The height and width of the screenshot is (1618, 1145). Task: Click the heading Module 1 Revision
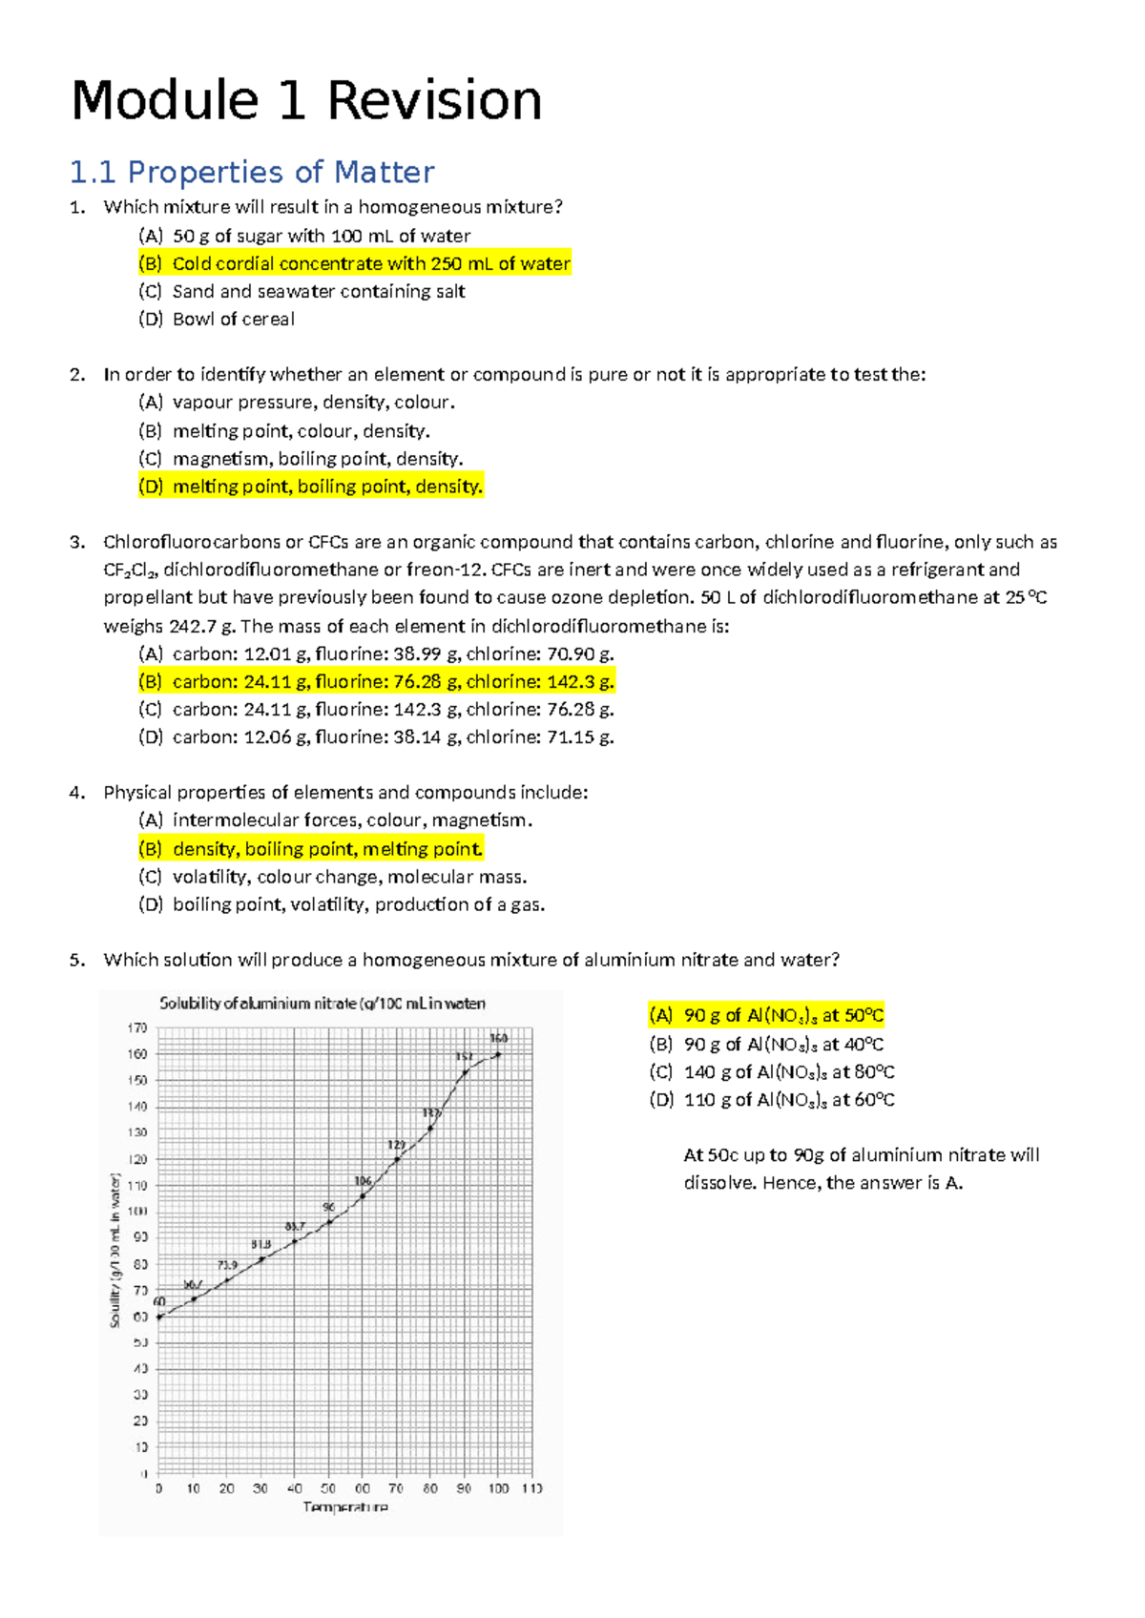pos(306,100)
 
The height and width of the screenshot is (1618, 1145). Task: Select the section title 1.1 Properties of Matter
pos(252,172)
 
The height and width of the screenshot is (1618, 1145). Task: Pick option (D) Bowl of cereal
pos(217,319)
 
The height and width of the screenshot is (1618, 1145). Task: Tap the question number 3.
pos(77,542)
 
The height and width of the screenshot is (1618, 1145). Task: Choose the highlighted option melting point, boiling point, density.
pos(311,487)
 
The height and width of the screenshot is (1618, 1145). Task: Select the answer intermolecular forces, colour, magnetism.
pos(336,819)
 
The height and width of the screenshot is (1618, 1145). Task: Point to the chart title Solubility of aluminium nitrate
pos(322,1003)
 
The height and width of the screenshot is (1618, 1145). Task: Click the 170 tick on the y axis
pos(137,1027)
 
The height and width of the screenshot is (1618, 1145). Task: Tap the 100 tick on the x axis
pos(498,1488)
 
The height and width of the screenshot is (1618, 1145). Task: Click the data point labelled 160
pos(498,1054)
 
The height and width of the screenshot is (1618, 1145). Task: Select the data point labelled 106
pos(363,1196)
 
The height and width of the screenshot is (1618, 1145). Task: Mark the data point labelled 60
pos(159,1317)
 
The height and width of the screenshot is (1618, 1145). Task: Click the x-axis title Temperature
pos(345,1507)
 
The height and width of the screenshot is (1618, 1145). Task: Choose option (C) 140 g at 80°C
pos(772,1071)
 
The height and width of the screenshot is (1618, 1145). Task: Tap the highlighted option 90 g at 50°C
pos(767,1015)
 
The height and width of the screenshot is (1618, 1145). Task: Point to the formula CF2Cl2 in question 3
pos(131,570)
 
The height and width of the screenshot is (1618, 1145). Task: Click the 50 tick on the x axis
pos(328,1488)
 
